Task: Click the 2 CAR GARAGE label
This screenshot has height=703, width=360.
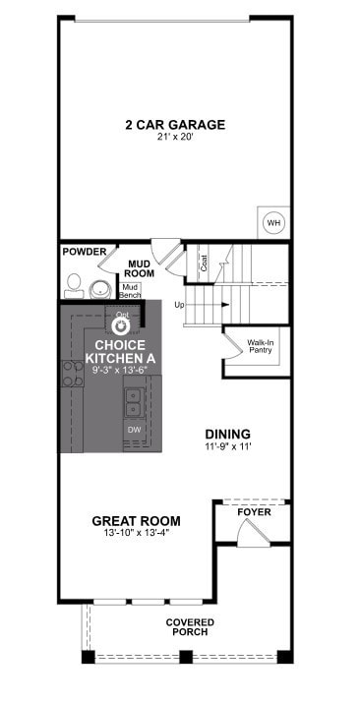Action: tap(174, 125)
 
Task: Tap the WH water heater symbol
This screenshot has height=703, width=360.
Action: tap(272, 223)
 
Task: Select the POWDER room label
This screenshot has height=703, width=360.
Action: tap(85, 253)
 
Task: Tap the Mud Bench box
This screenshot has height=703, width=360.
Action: tap(131, 291)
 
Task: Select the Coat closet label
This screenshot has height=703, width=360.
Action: tap(204, 264)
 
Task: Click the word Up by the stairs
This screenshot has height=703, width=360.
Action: tap(179, 305)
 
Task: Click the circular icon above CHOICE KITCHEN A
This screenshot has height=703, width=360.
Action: tap(123, 326)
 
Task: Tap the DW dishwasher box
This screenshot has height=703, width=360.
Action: tap(133, 430)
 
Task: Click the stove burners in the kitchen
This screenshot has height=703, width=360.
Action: tap(72, 373)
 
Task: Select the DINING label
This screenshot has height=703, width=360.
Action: tap(227, 434)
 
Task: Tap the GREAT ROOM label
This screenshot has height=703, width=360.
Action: tap(135, 520)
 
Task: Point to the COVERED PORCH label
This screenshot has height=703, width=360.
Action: tap(190, 626)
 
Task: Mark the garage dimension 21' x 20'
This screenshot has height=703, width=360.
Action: tap(174, 139)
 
